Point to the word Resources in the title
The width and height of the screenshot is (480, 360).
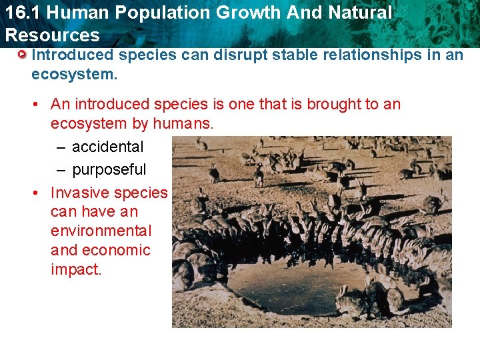point(52,35)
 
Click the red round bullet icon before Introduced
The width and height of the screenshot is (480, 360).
point(22,55)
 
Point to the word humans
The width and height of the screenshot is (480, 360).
point(183,123)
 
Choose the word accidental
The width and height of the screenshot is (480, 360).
point(107,147)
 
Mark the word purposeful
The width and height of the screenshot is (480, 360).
point(109,169)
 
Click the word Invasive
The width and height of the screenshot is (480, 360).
point(80,193)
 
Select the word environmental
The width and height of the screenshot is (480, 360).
point(101,231)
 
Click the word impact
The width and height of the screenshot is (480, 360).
point(76,270)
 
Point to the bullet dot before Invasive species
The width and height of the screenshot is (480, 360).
point(39,193)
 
